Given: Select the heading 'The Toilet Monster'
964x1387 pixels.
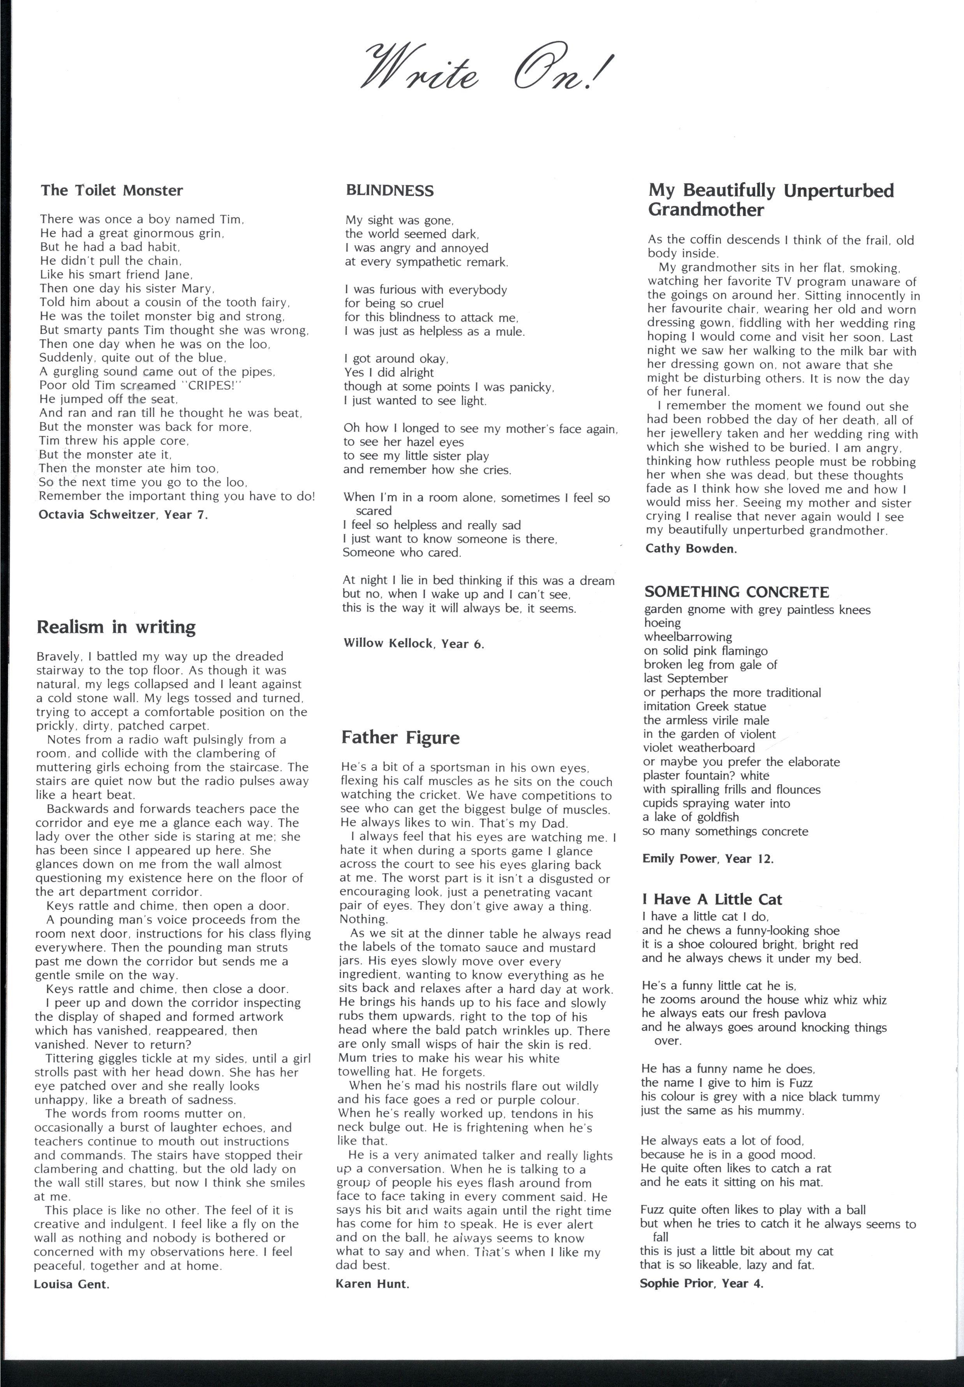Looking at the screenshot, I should click(x=112, y=191).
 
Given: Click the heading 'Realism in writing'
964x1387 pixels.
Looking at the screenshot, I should click(x=116, y=627).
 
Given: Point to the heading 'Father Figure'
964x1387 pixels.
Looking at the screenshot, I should click(x=400, y=737).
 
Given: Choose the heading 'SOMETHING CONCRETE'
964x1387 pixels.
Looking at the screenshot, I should click(x=736, y=592).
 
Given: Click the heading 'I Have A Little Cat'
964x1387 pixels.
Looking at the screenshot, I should click(x=712, y=899).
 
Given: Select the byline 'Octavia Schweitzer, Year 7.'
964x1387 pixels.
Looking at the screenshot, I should click(x=123, y=515).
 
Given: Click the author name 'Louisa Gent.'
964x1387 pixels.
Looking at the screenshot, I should click(x=71, y=1284).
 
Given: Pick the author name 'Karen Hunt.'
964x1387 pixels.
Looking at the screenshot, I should click(x=372, y=1284).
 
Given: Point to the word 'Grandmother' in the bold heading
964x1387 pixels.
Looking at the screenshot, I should click(x=705, y=210).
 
